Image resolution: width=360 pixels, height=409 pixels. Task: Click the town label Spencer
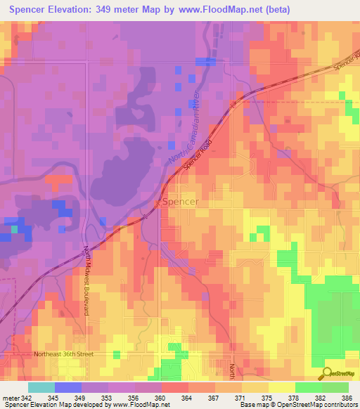(x=181, y=202)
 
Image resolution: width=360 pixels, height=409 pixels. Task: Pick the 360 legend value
(x=162, y=397)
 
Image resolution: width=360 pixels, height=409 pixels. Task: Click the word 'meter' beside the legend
(x=10, y=397)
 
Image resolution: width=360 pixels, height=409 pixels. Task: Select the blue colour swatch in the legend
(x=68, y=387)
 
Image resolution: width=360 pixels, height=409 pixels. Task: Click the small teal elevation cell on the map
(x=14, y=228)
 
